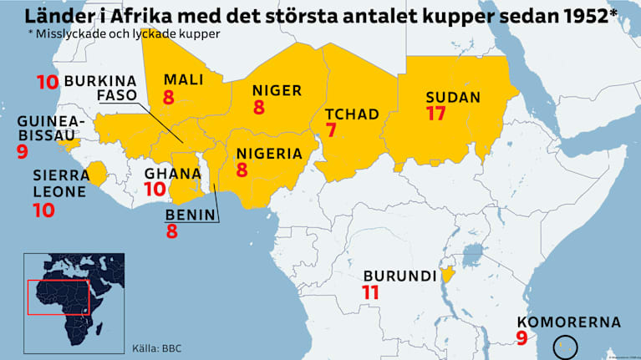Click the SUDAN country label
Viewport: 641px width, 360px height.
tap(452, 97)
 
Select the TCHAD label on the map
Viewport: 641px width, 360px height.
tap(352, 114)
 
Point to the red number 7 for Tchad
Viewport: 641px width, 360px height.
tap(331, 130)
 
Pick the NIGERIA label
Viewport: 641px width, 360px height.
tap(269, 153)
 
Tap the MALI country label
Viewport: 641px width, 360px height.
tap(183, 79)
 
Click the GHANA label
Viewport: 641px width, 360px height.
tap(172, 174)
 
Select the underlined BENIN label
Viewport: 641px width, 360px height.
tap(191, 215)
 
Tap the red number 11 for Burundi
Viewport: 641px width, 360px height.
tap(371, 292)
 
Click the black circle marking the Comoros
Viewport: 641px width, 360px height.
tap(566, 344)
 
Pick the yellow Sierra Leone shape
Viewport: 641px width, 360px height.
tap(97, 174)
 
